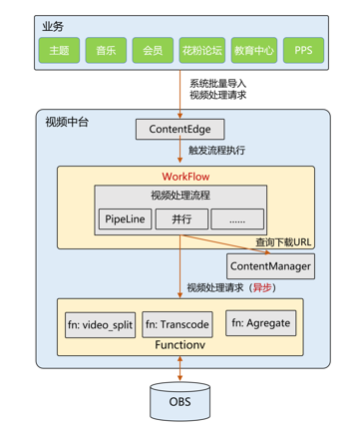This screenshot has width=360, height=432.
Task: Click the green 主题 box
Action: point(60,49)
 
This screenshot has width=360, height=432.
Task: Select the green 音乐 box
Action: point(106,49)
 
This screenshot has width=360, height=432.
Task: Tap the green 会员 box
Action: point(152,49)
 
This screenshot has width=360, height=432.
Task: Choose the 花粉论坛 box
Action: point(198,49)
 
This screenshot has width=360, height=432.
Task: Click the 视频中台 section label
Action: point(67,122)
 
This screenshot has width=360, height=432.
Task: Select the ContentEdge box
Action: point(180,129)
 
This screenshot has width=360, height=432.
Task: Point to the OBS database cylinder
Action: point(180,402)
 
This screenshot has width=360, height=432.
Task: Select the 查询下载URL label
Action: point(283,242)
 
